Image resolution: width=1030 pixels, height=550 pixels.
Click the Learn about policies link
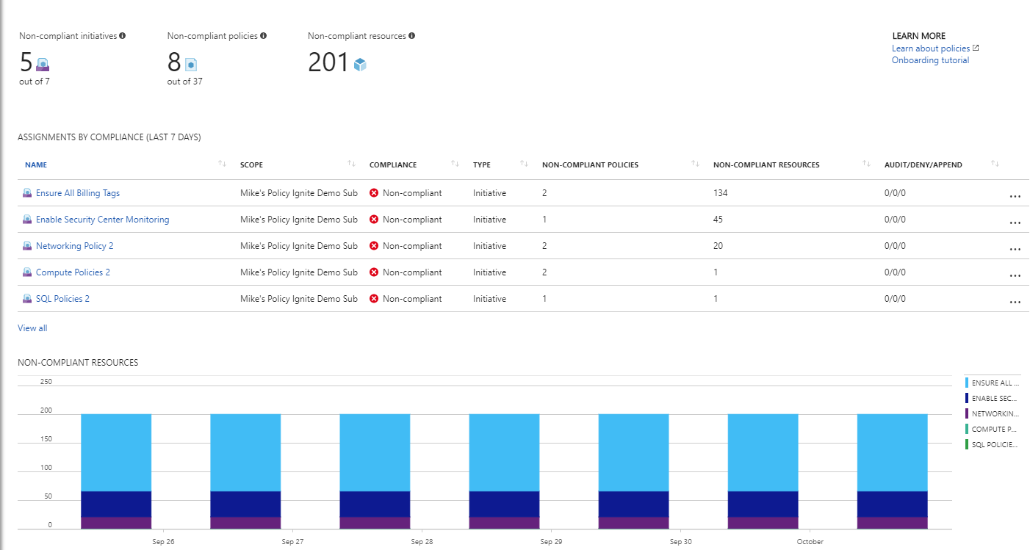coord(931,48)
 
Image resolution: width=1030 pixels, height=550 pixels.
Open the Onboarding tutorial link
coord(930,60)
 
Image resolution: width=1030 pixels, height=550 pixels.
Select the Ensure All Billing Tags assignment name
coord(77,193)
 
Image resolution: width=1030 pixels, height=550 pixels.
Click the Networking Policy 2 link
coord(74,246)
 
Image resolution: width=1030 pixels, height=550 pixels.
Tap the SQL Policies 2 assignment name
coord(62,299)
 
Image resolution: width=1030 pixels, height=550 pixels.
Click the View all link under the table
coord(32,328)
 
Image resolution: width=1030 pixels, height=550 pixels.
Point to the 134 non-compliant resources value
coord(720,193)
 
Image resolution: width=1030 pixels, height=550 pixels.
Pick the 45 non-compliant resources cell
coord(718,220)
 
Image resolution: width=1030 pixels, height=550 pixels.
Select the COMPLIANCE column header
coord(392,165)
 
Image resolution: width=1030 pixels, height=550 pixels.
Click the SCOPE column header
coord(251,165)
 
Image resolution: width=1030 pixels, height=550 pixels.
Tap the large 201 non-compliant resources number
coord(328,63)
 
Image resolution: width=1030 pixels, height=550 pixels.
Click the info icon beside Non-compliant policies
coord(263,35)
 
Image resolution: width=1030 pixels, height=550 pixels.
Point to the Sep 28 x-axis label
coord(422,542)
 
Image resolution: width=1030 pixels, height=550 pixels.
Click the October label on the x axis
coord(810,542)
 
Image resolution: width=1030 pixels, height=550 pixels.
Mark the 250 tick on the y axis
coord(46,382)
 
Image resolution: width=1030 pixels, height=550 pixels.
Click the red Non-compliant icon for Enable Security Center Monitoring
coord(374,220)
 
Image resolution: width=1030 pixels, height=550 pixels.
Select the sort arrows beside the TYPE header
coord(524,164)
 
